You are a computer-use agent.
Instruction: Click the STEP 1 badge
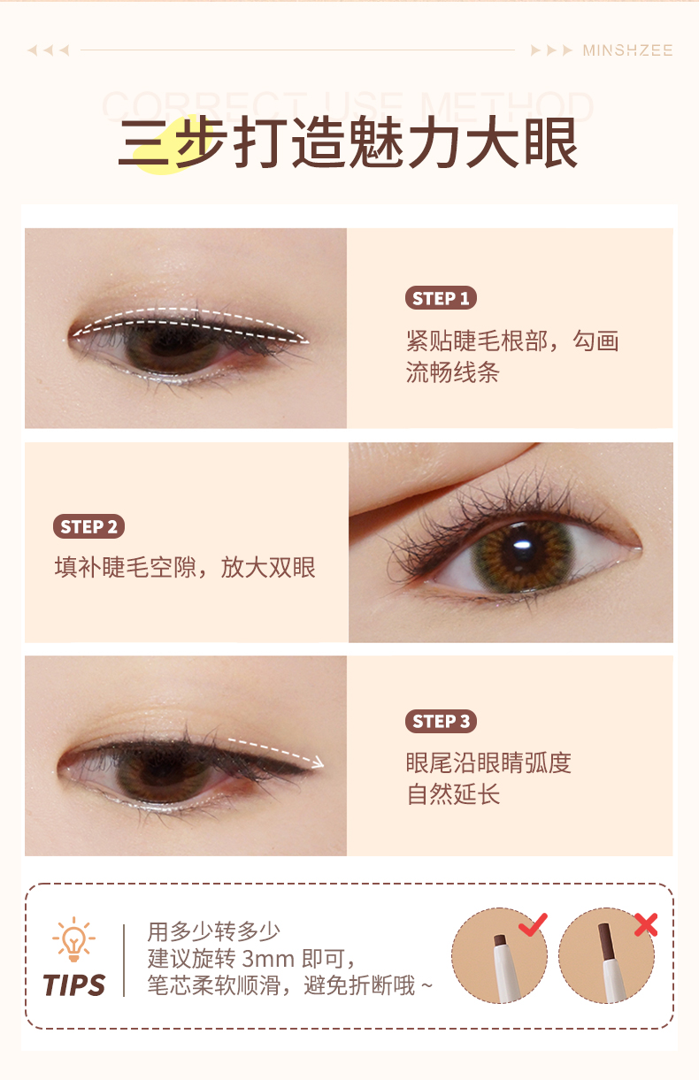click(441, 298)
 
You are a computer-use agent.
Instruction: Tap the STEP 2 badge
click(88, 526)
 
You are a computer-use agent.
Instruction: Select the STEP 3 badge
click(441, 721)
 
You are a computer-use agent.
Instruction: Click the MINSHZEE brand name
click(627, 50)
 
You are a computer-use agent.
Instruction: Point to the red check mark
click(533, 923)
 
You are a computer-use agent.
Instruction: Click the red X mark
click(646, 924)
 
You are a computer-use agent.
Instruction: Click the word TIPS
click(73, 984)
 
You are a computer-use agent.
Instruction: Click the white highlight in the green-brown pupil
click(522, 545)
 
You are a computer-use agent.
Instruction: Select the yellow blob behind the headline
click(166, 145)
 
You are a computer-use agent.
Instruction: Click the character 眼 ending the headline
click(551, 142)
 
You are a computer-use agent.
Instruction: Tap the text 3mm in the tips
click(268, 959)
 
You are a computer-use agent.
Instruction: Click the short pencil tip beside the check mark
click(500, 939)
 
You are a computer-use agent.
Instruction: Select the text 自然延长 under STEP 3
click(453, 794)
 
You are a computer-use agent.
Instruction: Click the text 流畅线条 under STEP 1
click(453, 372)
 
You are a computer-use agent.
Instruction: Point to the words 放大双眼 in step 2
click(268, 567)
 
